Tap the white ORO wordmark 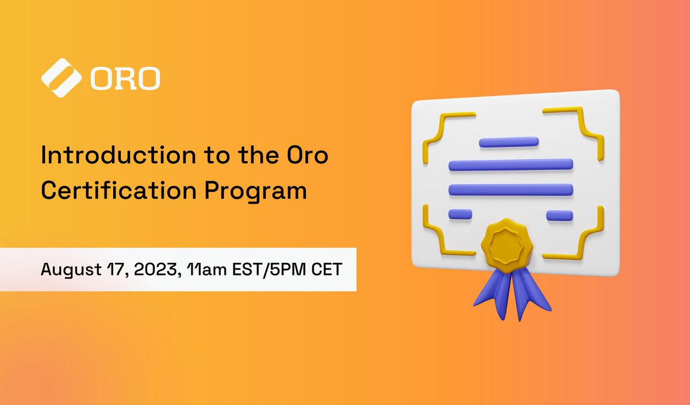pos(125,80)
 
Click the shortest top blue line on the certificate pos(508,142)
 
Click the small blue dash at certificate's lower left pos(460,214)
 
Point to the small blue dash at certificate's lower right pos(559,216)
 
